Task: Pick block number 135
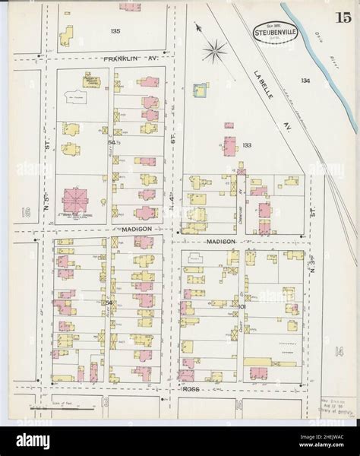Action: click(x=115, y=30)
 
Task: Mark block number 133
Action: click(x=246, y=144)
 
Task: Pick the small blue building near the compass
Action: click(x=201, y=90)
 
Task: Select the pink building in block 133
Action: click(x=229, y=144)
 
